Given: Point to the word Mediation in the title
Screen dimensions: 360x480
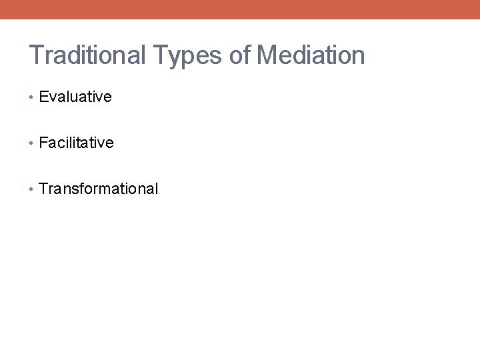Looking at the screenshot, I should point(311,55).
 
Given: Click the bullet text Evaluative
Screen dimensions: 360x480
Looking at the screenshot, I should point(75,97).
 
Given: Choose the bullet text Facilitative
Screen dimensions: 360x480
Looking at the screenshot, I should point(76,143).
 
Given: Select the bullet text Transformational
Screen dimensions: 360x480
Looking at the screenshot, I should point(99,189).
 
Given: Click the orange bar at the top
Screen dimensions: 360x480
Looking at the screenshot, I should point(240,9).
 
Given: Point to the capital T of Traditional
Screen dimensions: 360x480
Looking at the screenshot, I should point(36,55).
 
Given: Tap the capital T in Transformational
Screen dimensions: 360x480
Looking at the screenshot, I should point(44,189).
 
